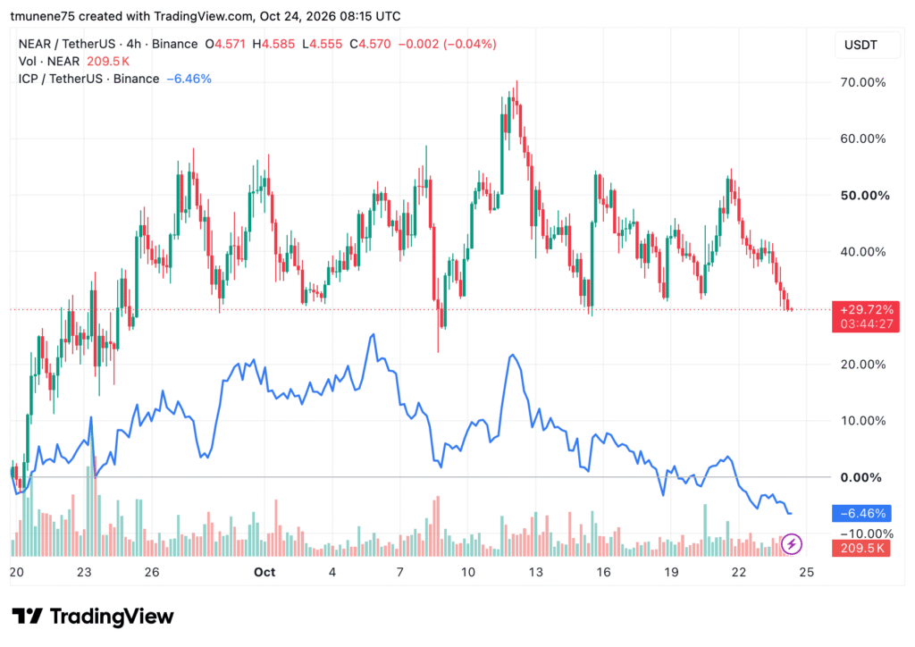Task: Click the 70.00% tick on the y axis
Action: pyautogui.click(x=862, y=82)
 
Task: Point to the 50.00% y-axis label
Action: pyautogui.click(x=865, y=196)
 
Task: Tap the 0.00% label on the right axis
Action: pyautogui.click(x=860, y=477)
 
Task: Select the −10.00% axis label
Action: pyautogui.click(x=867, y=534)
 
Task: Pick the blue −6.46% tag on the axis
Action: pyautogui.click(x=861, y=513)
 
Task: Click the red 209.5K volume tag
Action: pyautogui.click(x=861, y=548)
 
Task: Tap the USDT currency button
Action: pyautogui.click(x=860, y=45)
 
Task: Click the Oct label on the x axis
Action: pyautogui.click(x=264, y=572)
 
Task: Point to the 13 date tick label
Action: pyautogui.click(x=535, y=572)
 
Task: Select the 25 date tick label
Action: pyautogui.click(x=806, y=572)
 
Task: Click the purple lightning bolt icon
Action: pyautogui.click(x=792, y=544)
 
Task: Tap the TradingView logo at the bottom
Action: pyautogui.click(x=93, y=616)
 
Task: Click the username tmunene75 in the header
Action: pyautogui.click(x=43, y=16)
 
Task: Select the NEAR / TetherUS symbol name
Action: pyautogui.click(x=66, y=44)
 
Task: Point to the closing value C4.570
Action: pyautogui.click(x=370, y=44)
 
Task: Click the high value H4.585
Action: pyautogui.click(x=273, y=44)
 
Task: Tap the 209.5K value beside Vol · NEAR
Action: pyautogui.click(x=108, y=62)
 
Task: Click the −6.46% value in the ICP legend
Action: pyautogui.click(x=189, y=79)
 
